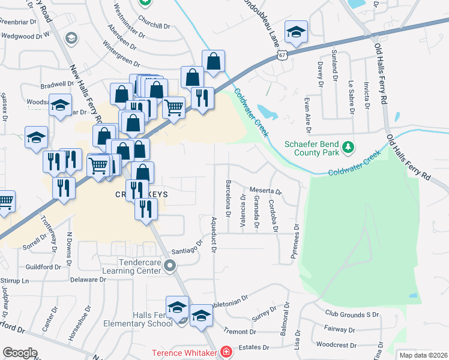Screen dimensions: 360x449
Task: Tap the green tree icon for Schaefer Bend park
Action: [346, 146]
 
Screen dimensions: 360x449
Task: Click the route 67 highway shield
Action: [282, 55]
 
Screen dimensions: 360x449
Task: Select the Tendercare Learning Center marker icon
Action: [170, 265]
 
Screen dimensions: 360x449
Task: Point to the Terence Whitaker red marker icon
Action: [226, 352]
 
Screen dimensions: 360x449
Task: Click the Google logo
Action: [20, 353]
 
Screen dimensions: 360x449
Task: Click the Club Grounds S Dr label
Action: [352, 314]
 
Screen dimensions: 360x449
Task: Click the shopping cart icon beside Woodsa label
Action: [173, 108]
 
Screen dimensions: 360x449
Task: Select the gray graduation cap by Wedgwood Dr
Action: [71, 39]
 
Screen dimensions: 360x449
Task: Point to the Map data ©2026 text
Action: [423, 355]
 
